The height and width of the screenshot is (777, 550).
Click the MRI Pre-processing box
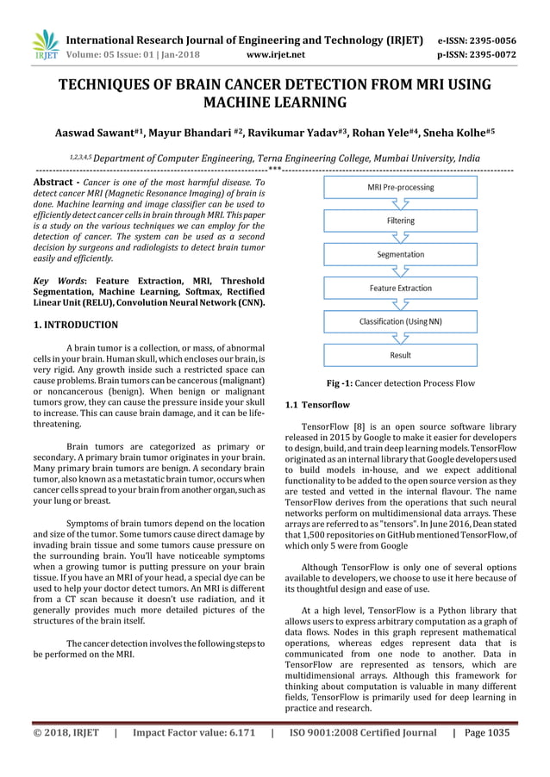[x=400, y=187]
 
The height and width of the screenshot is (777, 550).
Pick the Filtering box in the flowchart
[x=400, y=221]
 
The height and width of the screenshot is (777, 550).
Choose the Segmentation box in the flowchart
[x=400, y=254]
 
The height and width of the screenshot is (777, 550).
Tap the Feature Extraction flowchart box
[x=400, y=288]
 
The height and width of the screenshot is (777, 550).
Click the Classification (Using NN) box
[x=400, y=321]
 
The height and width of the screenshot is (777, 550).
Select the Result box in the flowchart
[x=400, y=355]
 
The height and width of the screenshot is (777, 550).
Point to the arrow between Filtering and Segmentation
[x=400, y=238]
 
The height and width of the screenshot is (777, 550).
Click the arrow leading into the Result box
[x=400, y=339]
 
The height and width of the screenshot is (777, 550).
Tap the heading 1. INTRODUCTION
[x=75, y=325]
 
